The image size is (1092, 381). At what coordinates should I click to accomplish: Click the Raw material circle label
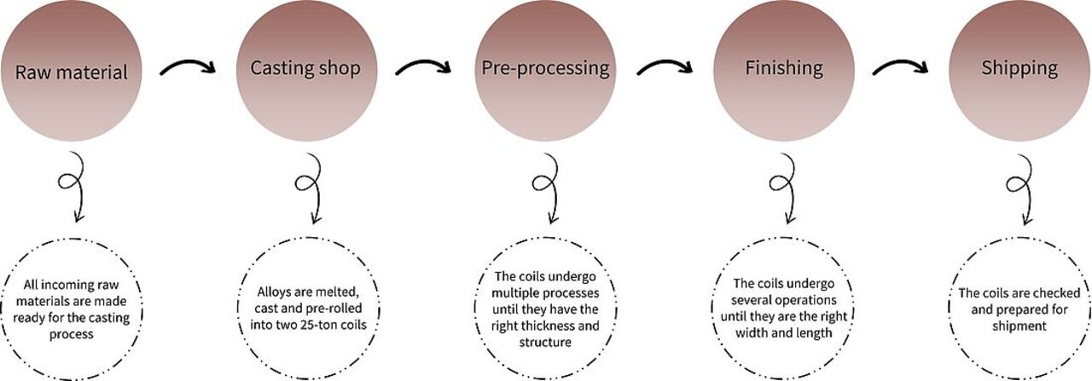[x=72, y=72]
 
